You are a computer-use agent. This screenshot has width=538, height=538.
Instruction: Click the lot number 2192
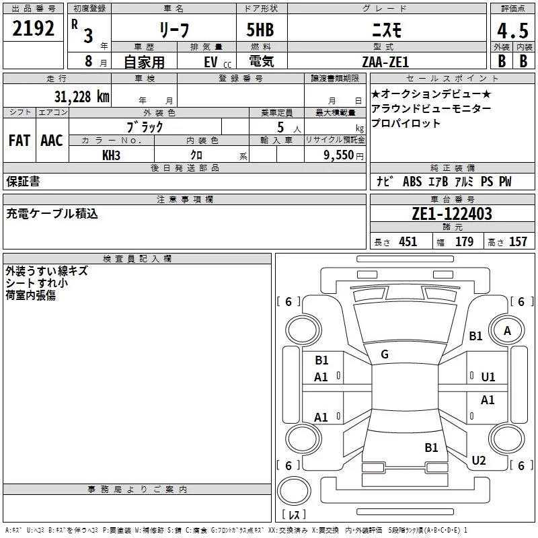[34, 28]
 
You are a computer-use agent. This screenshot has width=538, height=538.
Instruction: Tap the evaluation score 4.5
[511, 31]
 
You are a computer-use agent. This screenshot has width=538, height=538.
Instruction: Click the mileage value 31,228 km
[81, 97]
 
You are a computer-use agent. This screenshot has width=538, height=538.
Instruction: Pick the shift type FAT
[19, 141]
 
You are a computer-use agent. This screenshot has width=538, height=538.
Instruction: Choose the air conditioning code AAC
[52, 141]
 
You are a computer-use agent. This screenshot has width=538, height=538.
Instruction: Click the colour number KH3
[111, 155]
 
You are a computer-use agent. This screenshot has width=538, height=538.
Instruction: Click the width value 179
[464, 242]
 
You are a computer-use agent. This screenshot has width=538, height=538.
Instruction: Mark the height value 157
[518, 242]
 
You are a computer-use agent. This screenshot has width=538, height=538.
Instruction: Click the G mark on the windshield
[385, 354]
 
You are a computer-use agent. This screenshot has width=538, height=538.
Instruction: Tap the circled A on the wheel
[508, 331]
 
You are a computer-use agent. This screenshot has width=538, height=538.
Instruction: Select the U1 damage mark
[488, 377]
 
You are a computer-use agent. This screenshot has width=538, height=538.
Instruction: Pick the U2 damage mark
[479, 461]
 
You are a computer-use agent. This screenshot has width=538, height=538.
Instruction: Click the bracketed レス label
[293, 514]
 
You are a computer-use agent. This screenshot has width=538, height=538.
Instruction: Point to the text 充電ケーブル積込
[52, 214]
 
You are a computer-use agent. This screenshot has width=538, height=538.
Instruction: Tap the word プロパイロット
[406, 123]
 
